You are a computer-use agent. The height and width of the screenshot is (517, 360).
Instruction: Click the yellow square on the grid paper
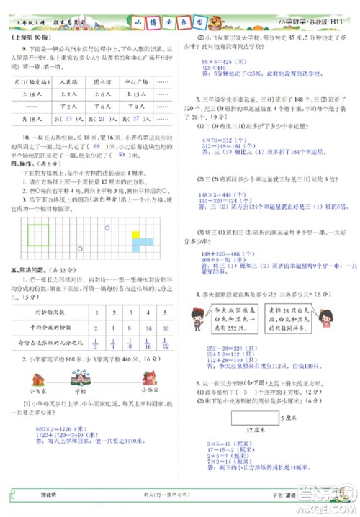136,235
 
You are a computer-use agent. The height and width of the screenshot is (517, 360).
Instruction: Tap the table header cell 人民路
72,82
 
